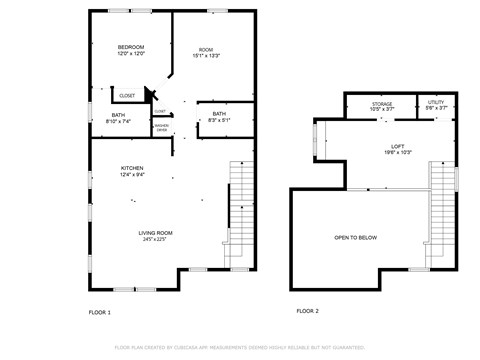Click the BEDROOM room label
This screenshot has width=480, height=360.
tap(131, 47)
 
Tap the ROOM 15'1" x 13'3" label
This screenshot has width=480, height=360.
tap(206, 51)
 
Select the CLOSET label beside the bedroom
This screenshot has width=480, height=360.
tap(128, 96)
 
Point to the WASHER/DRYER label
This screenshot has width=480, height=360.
tap(161, 128)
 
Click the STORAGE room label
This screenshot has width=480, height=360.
tap(382, 104)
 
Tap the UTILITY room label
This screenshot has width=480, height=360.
tap(436, 104)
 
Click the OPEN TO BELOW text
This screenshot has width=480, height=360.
tap(356, 237)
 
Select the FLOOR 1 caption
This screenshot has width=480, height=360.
tap(100, 312)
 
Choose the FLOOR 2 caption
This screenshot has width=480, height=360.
tap(307, 311)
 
